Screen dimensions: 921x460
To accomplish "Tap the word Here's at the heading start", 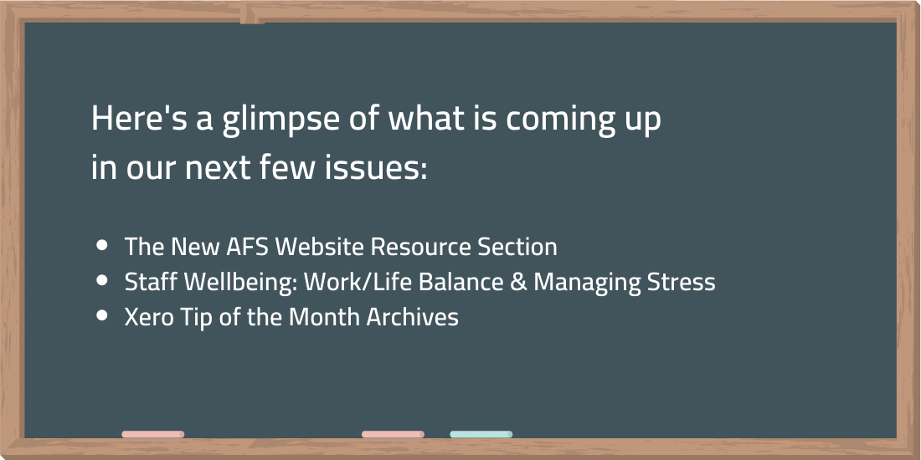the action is point(139,118).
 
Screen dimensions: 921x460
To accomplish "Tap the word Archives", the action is point(412,318).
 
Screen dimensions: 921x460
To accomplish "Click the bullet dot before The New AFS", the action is point(102,245).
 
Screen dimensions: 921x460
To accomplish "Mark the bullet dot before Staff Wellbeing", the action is point(102,280).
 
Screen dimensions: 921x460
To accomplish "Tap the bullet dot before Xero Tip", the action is point(102,315).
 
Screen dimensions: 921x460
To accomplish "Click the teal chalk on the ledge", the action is point(481,434).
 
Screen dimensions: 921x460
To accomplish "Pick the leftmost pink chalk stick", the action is point(152,434).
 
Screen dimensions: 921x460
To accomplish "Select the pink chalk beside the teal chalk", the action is point(393,434).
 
